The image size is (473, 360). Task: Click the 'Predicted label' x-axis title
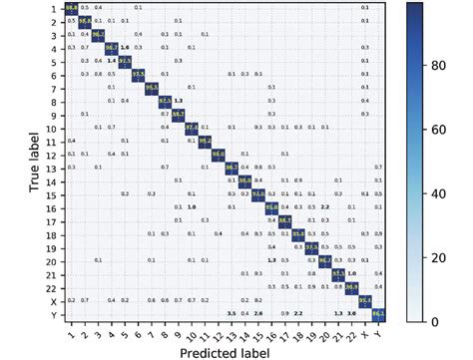(x=225, y=351)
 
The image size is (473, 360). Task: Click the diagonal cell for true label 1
(x=71, y=9)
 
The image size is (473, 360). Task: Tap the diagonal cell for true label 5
(x=124, y=62)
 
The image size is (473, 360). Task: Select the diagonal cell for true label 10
(x=191, y=128)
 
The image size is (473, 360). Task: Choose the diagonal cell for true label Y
(x=378, y=314)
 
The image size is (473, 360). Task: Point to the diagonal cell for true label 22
(x=351, y=287)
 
